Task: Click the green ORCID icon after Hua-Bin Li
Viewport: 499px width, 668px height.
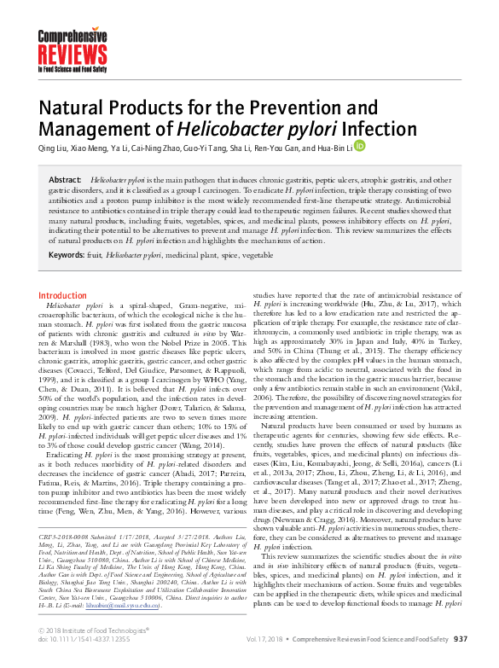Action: point(359,146)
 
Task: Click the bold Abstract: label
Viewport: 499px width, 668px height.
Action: point(65,181)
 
